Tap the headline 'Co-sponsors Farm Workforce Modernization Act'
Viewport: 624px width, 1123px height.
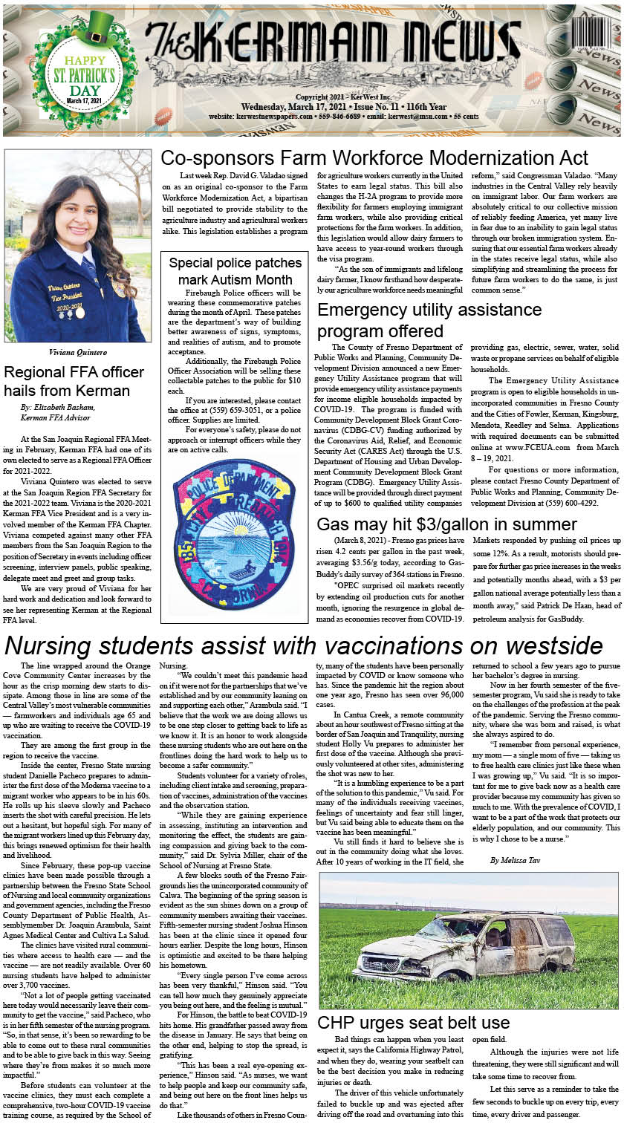(x=374, y=158)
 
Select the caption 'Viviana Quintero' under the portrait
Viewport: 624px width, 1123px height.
(x=77, y=352)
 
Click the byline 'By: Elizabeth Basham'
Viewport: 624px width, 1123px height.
(x=59, y=408)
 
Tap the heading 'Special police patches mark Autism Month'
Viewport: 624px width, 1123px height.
(x=235, y=271)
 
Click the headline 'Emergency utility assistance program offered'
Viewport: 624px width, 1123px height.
(x=429, y=319)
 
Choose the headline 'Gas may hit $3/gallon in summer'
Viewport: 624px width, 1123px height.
(x=446, y=524)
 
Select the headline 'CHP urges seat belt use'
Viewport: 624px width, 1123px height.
(x=413, y=1023)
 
